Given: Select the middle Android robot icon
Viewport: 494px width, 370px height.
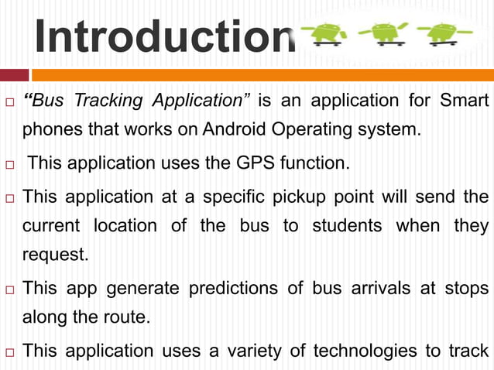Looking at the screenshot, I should pyautogui.click(x=388, y=34).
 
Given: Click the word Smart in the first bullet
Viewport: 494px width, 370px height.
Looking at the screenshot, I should pyautogui.click(x=464, y=101).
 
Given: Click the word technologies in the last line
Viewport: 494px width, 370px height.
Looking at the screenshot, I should pyautogui.click(x=361, y=351).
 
